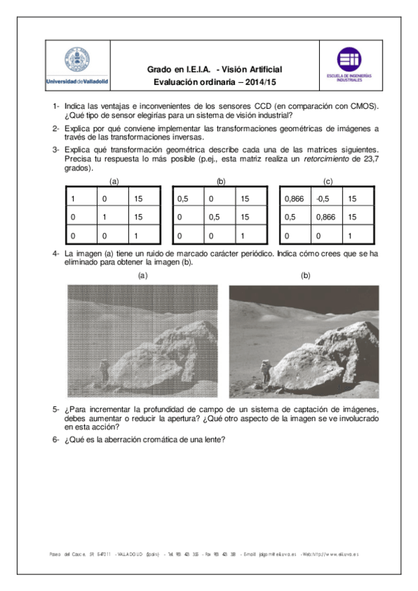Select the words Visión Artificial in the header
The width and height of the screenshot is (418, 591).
coord(251,69)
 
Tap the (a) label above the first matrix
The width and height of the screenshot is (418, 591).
coord(113,181)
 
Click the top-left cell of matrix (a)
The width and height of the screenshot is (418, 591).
coord(80,199)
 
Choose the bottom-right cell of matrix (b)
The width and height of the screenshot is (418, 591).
coord(251,236)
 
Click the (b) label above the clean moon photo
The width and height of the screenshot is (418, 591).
coord(305,275)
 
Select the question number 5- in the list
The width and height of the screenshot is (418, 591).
coord(56,408)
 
